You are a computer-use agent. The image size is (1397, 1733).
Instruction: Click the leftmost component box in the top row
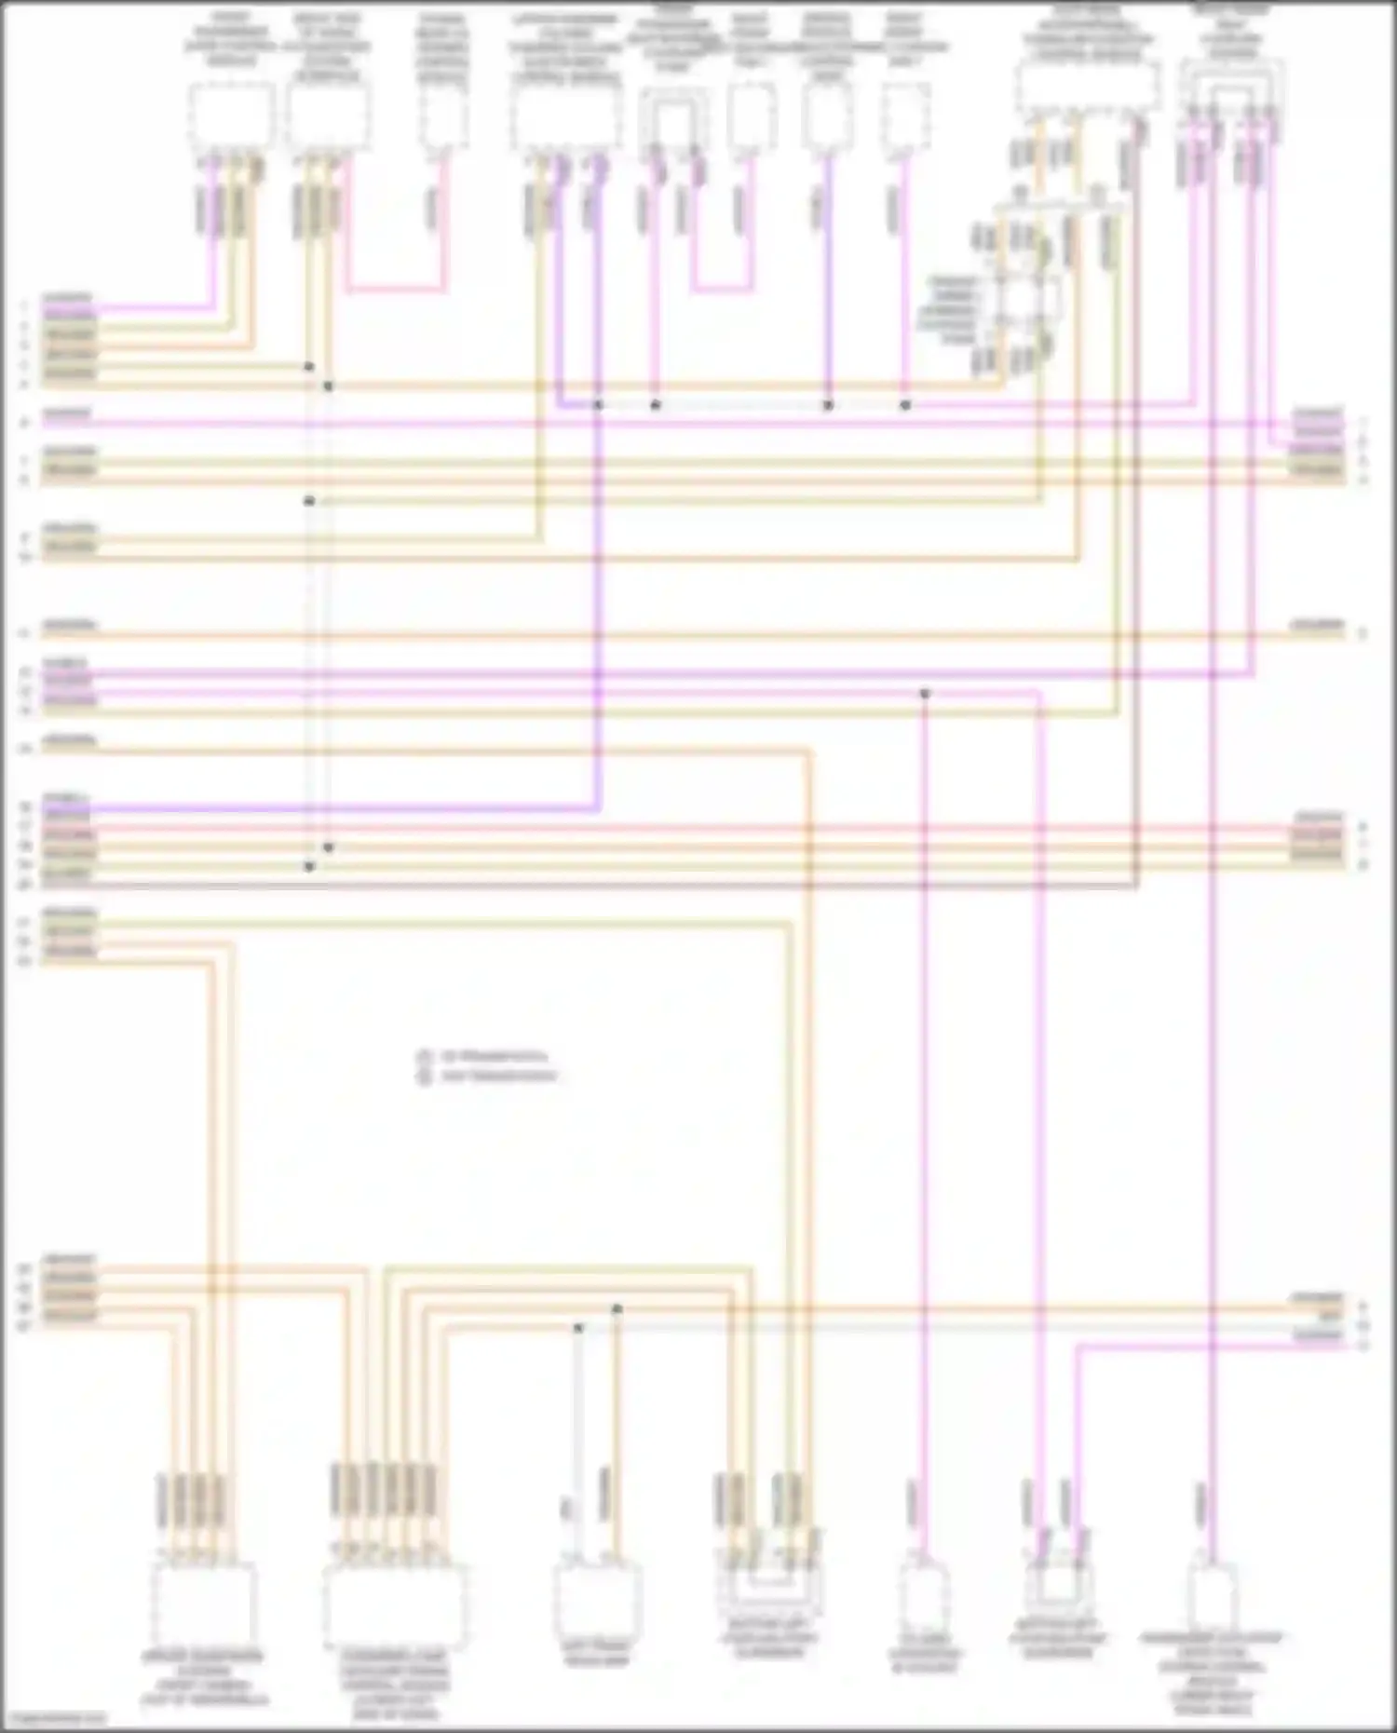point(231,116)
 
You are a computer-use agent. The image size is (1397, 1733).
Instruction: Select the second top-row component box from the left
point(328,116)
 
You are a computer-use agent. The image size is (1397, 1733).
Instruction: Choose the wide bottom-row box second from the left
point(395,1604)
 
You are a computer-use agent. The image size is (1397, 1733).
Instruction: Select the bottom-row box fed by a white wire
point(596,1600)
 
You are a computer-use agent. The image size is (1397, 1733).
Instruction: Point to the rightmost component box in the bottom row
point(1212,1594)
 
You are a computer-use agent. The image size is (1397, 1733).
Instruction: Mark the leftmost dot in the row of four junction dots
point(599,405)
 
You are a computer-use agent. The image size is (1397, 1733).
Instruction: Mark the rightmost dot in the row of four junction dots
point(905,405)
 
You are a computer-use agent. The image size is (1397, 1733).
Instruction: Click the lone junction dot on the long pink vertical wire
point(925,694)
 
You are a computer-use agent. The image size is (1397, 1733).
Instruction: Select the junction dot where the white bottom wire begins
point(578,1328)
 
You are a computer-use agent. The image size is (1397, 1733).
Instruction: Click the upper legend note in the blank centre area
point(493,1057)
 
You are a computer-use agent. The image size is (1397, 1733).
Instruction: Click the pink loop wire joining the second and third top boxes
point(396,291)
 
